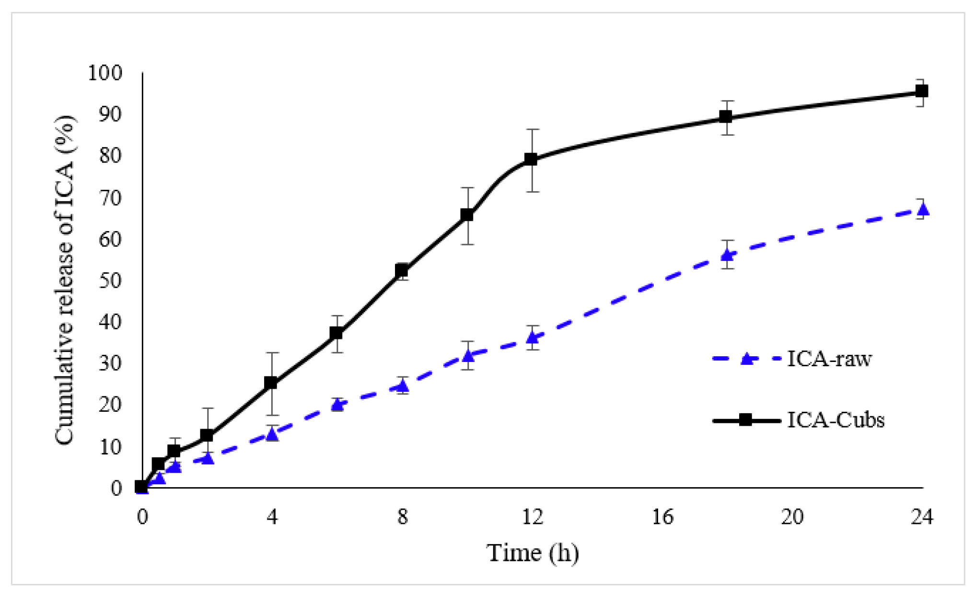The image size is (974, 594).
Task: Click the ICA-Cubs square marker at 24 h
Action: (922, 91)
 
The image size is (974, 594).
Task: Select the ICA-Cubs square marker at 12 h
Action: (531, 159)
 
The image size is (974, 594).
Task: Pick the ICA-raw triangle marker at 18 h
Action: (727, 255)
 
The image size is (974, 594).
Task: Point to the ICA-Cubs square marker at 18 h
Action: (726, 117)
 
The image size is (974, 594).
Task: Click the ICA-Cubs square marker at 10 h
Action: (467, 215)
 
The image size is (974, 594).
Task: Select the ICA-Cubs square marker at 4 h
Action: (271, 383)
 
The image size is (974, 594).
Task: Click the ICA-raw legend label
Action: (829, 359)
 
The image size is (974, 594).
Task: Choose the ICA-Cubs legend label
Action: (835, 420)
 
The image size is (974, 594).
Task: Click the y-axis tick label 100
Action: (105, 73)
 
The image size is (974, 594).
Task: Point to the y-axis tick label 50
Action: (110, 280)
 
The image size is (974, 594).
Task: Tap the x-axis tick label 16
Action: (662, 517)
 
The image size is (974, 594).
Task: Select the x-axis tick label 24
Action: (922, 517)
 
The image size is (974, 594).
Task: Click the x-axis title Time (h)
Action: (533, 553)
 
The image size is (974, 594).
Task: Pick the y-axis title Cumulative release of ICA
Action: (65, 280)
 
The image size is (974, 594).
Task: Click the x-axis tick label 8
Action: (403, 517)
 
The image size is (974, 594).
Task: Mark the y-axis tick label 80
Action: (110, 156)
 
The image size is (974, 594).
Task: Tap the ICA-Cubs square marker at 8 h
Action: (402, 270)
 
